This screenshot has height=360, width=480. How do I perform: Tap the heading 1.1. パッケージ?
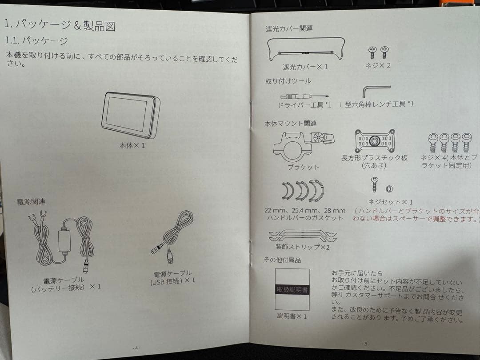pos(36,40)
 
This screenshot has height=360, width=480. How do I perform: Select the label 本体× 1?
pos(132,145)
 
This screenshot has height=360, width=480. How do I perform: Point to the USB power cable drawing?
pos(173,238)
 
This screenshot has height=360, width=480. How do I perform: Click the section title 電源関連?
pos(31,201)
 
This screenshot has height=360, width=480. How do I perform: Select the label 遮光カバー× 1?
pos(305,67)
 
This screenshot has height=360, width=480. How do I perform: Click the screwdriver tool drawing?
pos(304,96)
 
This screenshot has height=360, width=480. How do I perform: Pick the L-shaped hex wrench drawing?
pos(376,91)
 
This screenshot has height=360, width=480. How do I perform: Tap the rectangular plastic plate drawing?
pos(375,141)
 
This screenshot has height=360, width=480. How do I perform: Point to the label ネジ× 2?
pos(377,66)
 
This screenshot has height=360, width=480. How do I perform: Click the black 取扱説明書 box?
pos(292,289)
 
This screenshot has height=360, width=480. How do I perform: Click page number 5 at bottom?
pos(365,343)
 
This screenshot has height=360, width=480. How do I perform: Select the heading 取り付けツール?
pos(288,81)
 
